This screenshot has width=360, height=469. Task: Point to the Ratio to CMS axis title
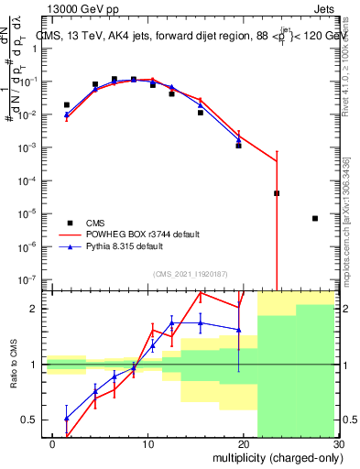(12, 376)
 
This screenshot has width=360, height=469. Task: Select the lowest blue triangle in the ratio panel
(66, 419)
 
